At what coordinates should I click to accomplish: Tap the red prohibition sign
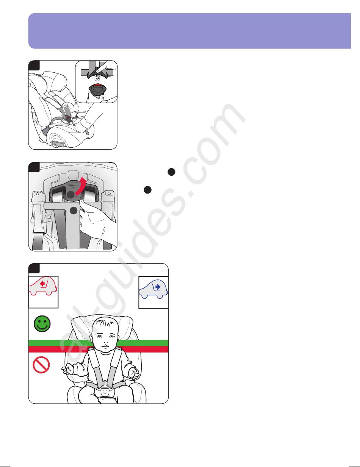coord(41,365)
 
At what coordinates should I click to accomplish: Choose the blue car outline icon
coord(153,289)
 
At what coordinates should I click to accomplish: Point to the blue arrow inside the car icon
coord(158,287)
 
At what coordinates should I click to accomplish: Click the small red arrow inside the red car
coord(42,284)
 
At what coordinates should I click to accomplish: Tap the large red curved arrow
coord(81,186)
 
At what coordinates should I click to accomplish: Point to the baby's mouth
coord(105,347)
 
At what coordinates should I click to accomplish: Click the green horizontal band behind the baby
coord(98,343)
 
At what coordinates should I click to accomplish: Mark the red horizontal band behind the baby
coord(98,349)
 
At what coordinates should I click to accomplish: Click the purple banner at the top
coord(189,31)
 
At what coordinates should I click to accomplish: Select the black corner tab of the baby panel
coord(34,268)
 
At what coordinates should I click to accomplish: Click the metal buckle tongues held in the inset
coord(97,77)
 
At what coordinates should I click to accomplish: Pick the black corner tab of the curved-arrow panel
coord(34,167)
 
